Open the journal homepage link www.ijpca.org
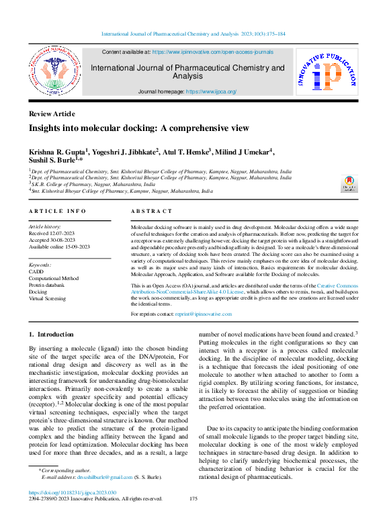211,91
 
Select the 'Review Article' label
52,114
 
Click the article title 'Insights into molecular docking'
129,128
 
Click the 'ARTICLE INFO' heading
57,212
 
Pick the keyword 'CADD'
36,272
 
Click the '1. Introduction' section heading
51,334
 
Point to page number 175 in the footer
193,499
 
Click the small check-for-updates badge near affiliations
349,183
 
